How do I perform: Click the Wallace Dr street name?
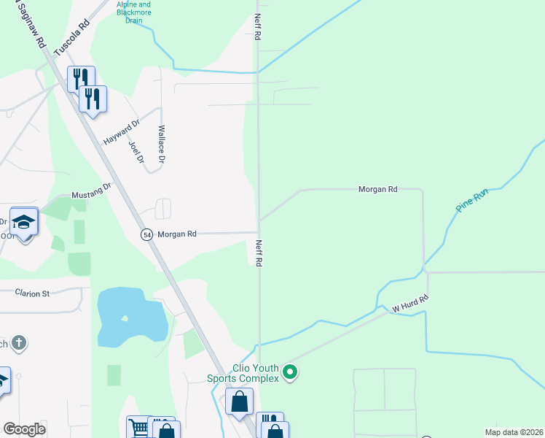[162, 144]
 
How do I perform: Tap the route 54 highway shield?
[146, 234]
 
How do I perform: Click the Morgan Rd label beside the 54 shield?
[177, 234]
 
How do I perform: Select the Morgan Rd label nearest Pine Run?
[377, 189]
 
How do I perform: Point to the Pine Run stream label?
[471, 199]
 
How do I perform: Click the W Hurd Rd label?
[411, 303]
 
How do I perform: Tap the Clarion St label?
[32, 293]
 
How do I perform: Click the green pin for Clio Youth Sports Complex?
[290, 373]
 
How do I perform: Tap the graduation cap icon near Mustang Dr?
[24, 222]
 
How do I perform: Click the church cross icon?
[19, 343]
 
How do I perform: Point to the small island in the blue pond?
[125, 318]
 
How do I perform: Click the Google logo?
[25, 429]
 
